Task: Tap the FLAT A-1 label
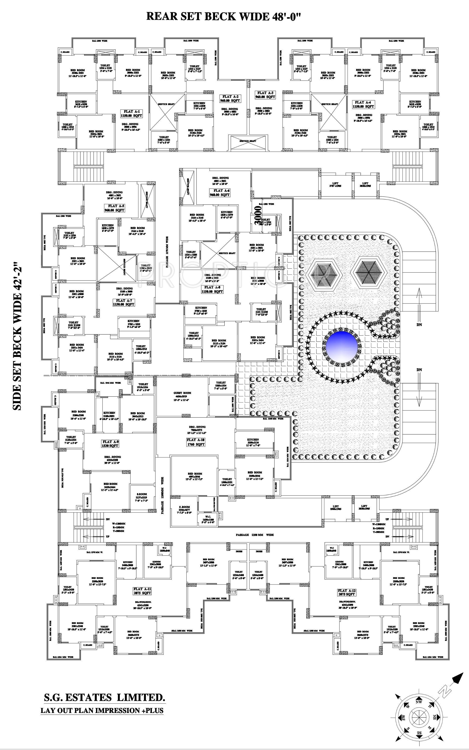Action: pyautogui.click(x=131, y=113)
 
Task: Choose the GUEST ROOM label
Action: pyautogui.click(x=182, y=394)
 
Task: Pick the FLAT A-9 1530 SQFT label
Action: pyautogui.click(x=110, y=443)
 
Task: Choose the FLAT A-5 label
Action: pyautogui.click(x=114, y=208)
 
